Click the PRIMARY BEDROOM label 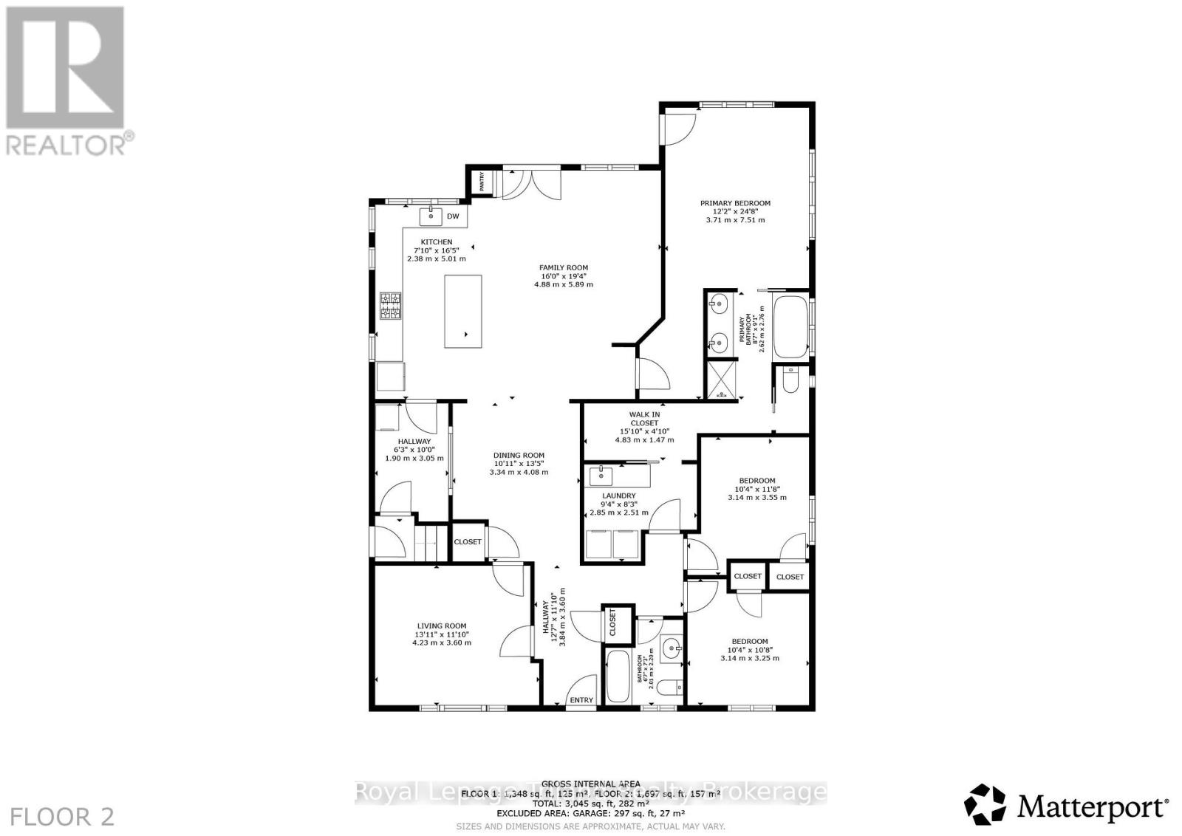click(x=735, y=203)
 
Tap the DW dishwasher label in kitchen click(x=454, y=216)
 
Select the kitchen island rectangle click(x=462, y=311)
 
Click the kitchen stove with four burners click(x=391, y=306)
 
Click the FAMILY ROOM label click(x=563, y=268)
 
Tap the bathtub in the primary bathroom click(x=790, y=326)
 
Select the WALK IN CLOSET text click(x=644, y=419)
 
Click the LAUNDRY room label click(x=618, y=496)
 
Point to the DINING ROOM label click(x=519, y=456)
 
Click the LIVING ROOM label click(x=441, y=626)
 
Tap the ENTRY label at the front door click(x=581, y=700)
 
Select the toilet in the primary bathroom click(x=790, y=380)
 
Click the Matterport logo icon click(x=985, y=804)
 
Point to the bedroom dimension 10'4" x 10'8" click(x=749, y=650)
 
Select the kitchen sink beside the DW click(x=431, y=216)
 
